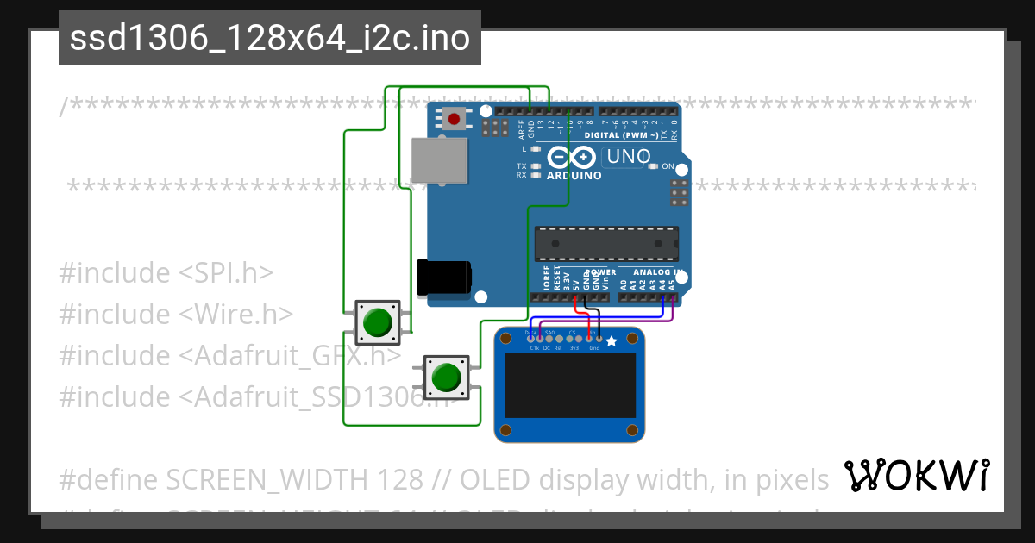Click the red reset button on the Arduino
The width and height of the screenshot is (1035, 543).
(453, 119)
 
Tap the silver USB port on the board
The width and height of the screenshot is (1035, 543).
(440, 160)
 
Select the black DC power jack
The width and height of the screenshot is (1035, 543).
(443, 277)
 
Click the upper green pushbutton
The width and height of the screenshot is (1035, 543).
(377, 321)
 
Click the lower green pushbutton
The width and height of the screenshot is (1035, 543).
(446, 377)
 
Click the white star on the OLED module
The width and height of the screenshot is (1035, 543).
(612, 342)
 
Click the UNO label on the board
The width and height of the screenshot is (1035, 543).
(628, 157)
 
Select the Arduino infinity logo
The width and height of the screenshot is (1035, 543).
(572, 157)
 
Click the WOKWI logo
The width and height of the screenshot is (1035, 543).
(916, 475)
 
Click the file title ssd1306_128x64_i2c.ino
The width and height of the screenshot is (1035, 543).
(269, 38)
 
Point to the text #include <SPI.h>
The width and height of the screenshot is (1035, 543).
(166, 272)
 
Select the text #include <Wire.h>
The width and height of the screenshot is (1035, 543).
(176, 314)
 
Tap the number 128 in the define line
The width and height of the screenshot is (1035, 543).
(400, 478)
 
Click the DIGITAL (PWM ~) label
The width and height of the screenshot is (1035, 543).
(621, 135)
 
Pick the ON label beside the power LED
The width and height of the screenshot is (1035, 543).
(668, 165)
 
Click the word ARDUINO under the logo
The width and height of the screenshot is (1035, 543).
(574, 175)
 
